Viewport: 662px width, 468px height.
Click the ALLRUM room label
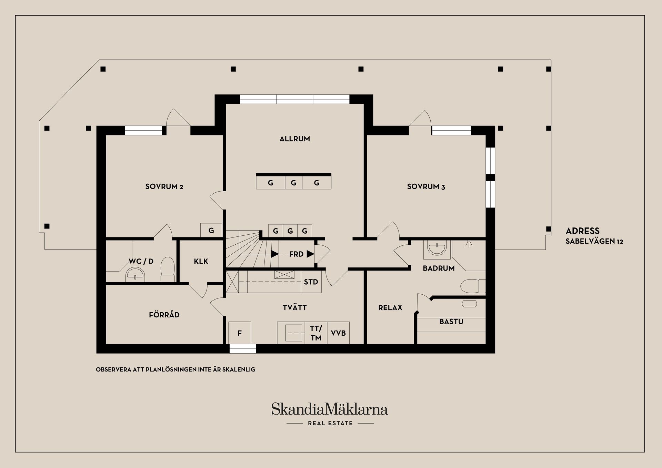pyautogui.click(x=294, y=139)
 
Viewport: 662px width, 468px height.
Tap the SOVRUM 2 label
pyautogui.click(x=164, y=187)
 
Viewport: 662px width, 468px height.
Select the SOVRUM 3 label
pyautogui.click(x=426, y=187)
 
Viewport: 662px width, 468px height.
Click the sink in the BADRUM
pyautogui.click(x=437, y=248)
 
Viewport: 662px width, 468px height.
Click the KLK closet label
pyautogui.click(x=201, y=262)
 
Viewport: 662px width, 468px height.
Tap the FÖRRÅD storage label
pyautogui.click(x=164, y=315)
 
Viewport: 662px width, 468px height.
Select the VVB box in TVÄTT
pyautogui.click(x=338, y=333)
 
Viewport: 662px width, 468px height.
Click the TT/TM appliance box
pyautogui.click(x=316, y=333)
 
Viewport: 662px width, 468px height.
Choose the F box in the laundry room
pyautogui.click(x=240, y=333)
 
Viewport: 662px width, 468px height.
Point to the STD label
pyautogui.click(x=311, y=282)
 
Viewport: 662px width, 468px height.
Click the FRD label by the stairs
pyautogui.click(x=296, y=254)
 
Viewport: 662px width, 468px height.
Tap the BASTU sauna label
pyautogui.click(x=451, y=322)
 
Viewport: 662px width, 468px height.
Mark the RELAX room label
pyautogui.click(x=390, y=308)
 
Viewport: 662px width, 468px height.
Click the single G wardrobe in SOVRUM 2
pyautogui.click(x=211, y=231)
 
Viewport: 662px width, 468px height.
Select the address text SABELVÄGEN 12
pyautogui.click(x=594, y=241)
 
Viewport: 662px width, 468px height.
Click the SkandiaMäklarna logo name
pyautogui.click(x=329, y=409)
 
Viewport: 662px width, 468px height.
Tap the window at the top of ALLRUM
pyautogui.click(x=294, y=99)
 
